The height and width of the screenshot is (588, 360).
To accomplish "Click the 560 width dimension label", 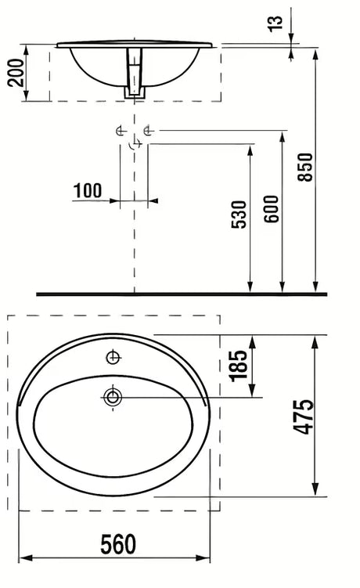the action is (117, 544).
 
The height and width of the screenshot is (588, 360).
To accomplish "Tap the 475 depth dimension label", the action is (304, 417).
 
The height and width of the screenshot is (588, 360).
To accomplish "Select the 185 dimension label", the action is (238, 366).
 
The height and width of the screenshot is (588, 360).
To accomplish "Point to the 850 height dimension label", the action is (305, 168).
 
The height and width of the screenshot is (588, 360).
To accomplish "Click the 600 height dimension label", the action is (272, 209).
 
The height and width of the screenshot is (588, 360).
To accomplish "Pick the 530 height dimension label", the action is (239, 215).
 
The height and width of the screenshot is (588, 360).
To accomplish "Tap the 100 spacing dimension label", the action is (88, 190).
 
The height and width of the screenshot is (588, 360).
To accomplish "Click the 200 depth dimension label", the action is (16, 73).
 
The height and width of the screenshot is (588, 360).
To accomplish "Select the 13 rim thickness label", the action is (275, 23).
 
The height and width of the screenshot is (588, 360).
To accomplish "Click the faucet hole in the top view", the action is (113, 357).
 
